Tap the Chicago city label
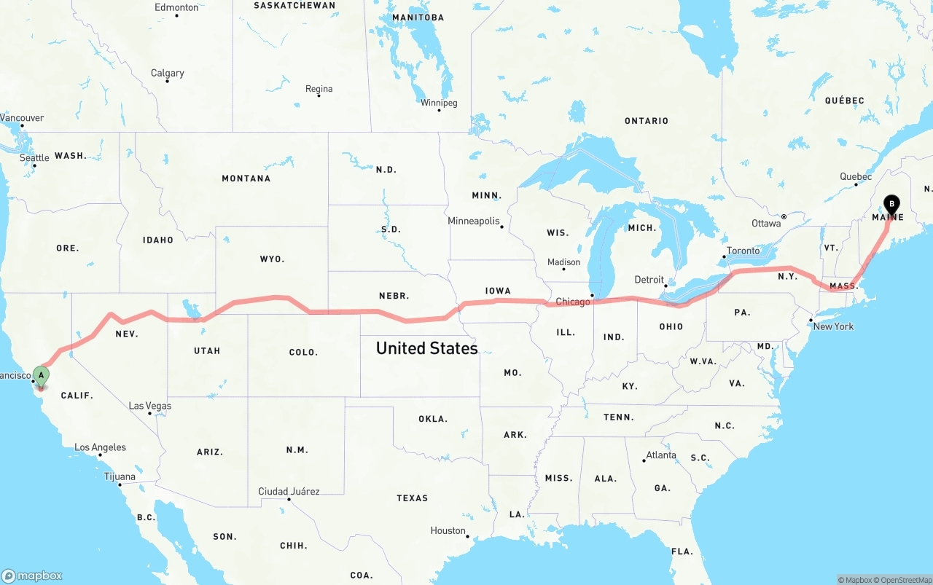click(573, 302)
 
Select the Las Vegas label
click(150, 406)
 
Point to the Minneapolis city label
click(474, 221)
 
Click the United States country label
click(426, 348)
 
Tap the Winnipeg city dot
click(439, 110)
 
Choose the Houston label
click(448, 530)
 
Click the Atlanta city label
click(661, 455)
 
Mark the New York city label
click(833, 326)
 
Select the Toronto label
click(743, 251)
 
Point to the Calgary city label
click(167, 73)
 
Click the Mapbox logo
click(32, 576)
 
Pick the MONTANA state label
click(246, 178)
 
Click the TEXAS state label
click(412, 498)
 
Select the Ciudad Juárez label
click(289, 492)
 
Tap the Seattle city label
click(34, 158)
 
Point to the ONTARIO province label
click(646, 121)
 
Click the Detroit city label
click(649, 280)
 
